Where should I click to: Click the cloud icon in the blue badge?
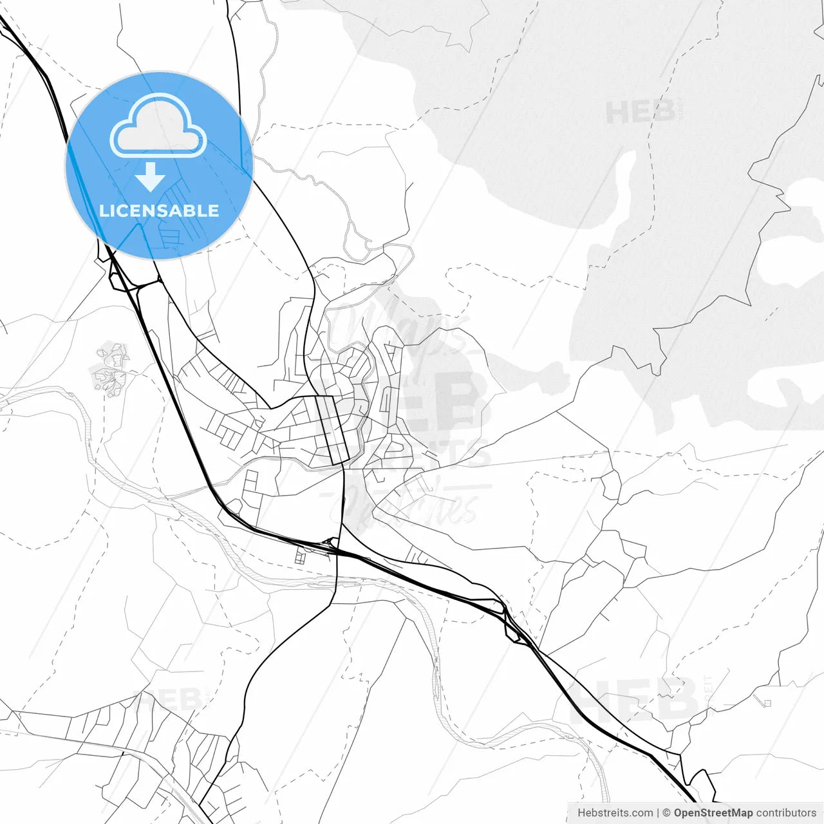tap(158, 126)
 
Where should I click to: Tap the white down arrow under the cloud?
tap(151, 177)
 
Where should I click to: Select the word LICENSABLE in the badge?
tap(159, 211)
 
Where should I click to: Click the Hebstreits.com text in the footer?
tap(615, 813)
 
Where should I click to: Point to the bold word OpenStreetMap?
tap(713, 813)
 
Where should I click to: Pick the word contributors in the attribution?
tap(785, 813)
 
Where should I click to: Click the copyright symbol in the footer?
tap(666, 813)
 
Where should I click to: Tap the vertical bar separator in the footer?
tap(657, 813)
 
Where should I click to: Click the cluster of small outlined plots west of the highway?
tap(110, 368)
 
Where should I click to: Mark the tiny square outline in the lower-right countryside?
tap(767, 702)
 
